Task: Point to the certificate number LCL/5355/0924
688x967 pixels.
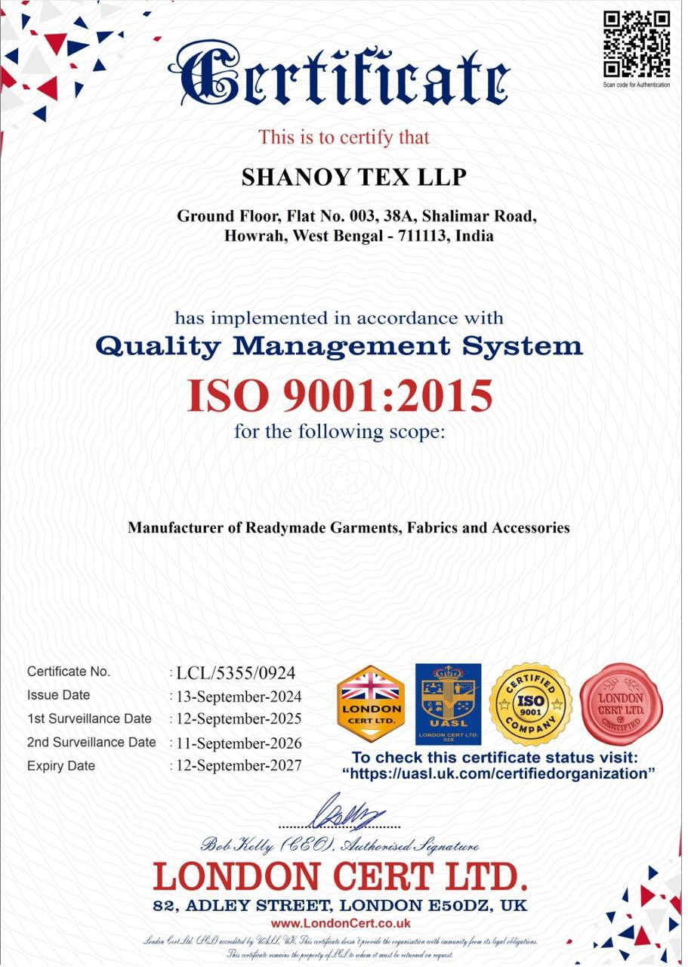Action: click(236, 673)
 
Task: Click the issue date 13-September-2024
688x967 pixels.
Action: click(239, 697)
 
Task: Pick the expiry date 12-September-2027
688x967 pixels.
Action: click(239, 765)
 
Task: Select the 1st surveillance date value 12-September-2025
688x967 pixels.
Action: click(239, 718)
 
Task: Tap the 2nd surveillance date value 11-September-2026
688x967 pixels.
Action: click(239, 743)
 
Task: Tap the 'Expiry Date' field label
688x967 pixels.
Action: click(61, 766)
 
